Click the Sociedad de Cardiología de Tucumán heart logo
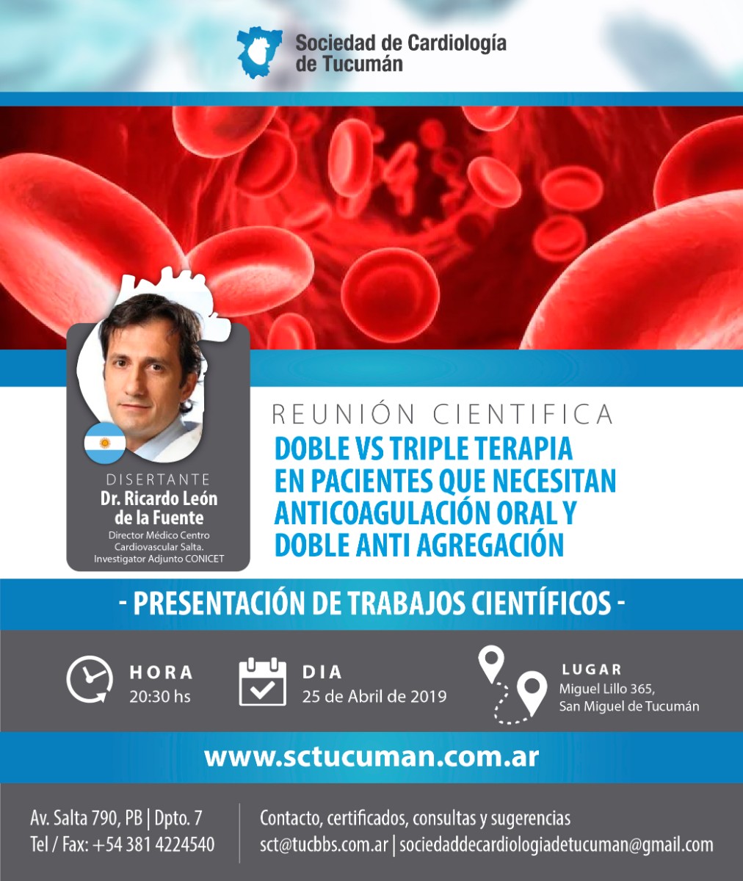(259, 53)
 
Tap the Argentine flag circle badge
(105, 443)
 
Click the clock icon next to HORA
(90, 679)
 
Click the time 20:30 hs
(160, 696)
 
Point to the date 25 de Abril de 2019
(374, 696)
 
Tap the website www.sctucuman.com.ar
(371, 758)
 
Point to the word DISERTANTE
(159, 479)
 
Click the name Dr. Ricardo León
(159, 498)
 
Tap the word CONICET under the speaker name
(204, 559)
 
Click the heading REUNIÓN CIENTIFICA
(443, 414)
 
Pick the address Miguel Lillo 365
(606, 689)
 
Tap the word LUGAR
(592, 670)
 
